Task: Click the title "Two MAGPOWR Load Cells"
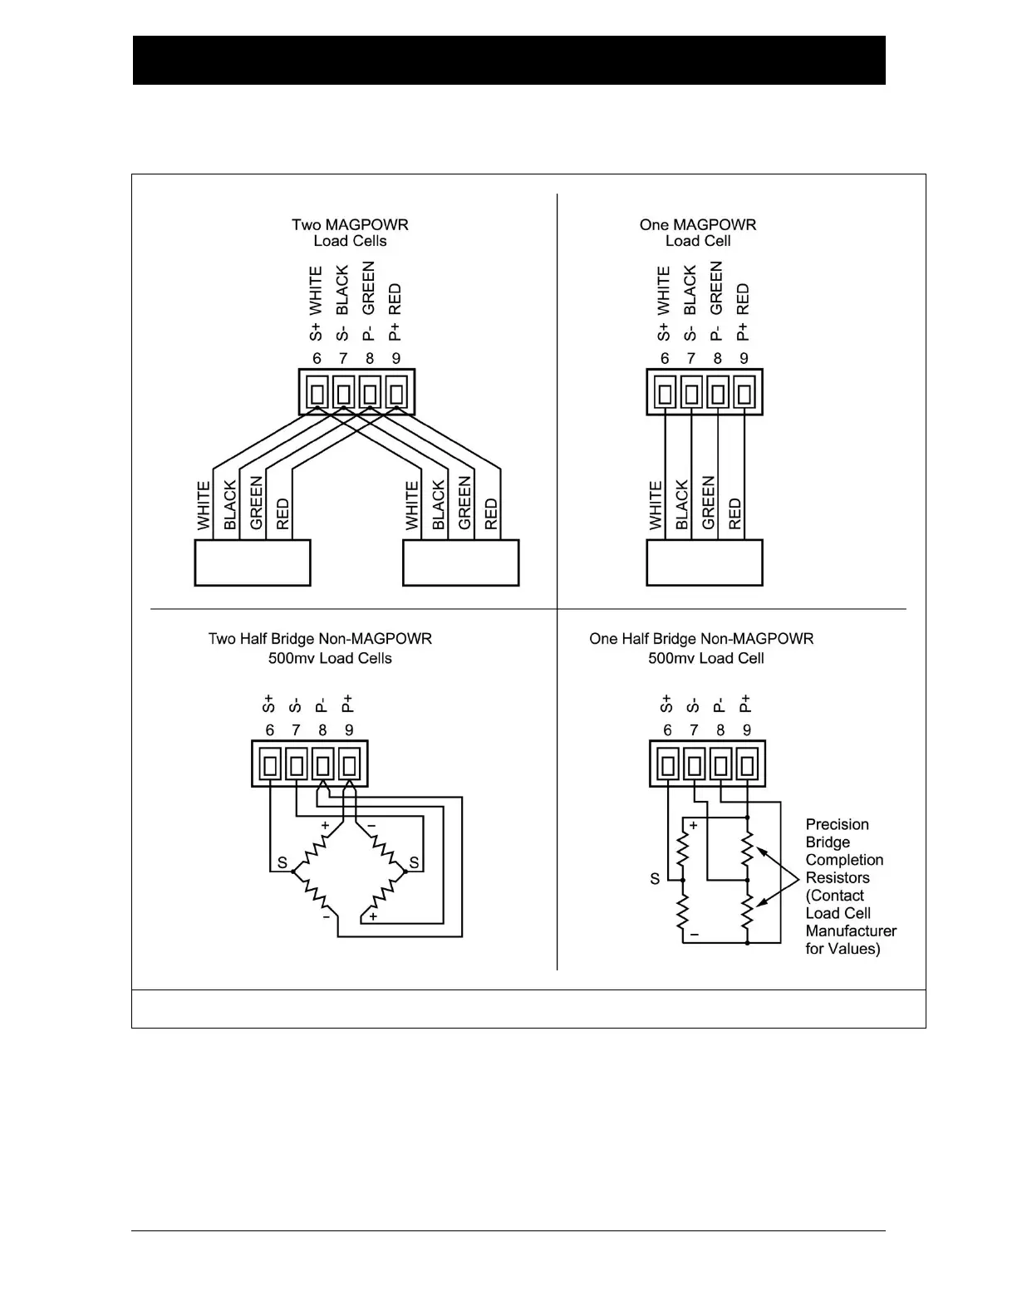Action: click(350, 233)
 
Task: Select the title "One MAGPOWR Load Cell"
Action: click(698, 233)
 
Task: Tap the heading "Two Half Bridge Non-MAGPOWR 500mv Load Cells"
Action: click(321, 648)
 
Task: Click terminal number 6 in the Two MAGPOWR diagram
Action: click(317, 359)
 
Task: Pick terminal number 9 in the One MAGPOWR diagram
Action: click(744, 359)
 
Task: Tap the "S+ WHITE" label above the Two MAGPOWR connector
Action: click(316, 303)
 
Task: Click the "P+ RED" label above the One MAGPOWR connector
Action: click(743, 312)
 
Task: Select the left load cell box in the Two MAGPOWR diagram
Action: click(253, 562)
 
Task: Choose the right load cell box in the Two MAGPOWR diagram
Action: click(461, 562)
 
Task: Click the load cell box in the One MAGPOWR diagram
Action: click(705, 562)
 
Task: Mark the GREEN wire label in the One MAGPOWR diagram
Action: click(708, 503)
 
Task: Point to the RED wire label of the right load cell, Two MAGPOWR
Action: click(491, 514)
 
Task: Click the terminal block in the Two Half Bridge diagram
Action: click(310, 764)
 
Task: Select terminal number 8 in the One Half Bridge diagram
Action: click(720, 730)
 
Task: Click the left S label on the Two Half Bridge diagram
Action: click(282, 863)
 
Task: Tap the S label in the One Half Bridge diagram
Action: click(655, 879)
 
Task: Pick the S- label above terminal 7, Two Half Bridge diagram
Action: click(295, 706)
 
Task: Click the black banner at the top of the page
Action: click(508, 60)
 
